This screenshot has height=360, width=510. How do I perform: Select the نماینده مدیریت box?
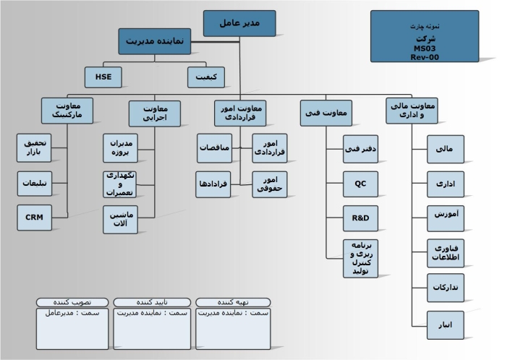[x=155, y=42]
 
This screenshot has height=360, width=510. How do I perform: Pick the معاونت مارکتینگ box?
[x=68, y=111]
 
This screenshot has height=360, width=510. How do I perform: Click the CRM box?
[x=35, y=218]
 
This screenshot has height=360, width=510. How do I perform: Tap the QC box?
[x=361, y=183]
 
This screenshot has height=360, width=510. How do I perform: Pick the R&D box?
[x=361, y=218]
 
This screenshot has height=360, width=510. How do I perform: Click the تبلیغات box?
[x=35, y=183]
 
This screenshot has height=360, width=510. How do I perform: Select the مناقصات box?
[x=215, y=147]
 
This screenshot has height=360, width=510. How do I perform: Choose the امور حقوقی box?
[x=269, y=184]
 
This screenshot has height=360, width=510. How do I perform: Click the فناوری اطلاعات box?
[x=446, y=253]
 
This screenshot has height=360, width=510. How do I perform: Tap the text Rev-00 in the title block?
[x=425, y=57]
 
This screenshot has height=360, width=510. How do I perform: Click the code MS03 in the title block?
[x=425, y=48]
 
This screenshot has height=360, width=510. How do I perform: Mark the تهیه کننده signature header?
[x=233, y=301]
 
